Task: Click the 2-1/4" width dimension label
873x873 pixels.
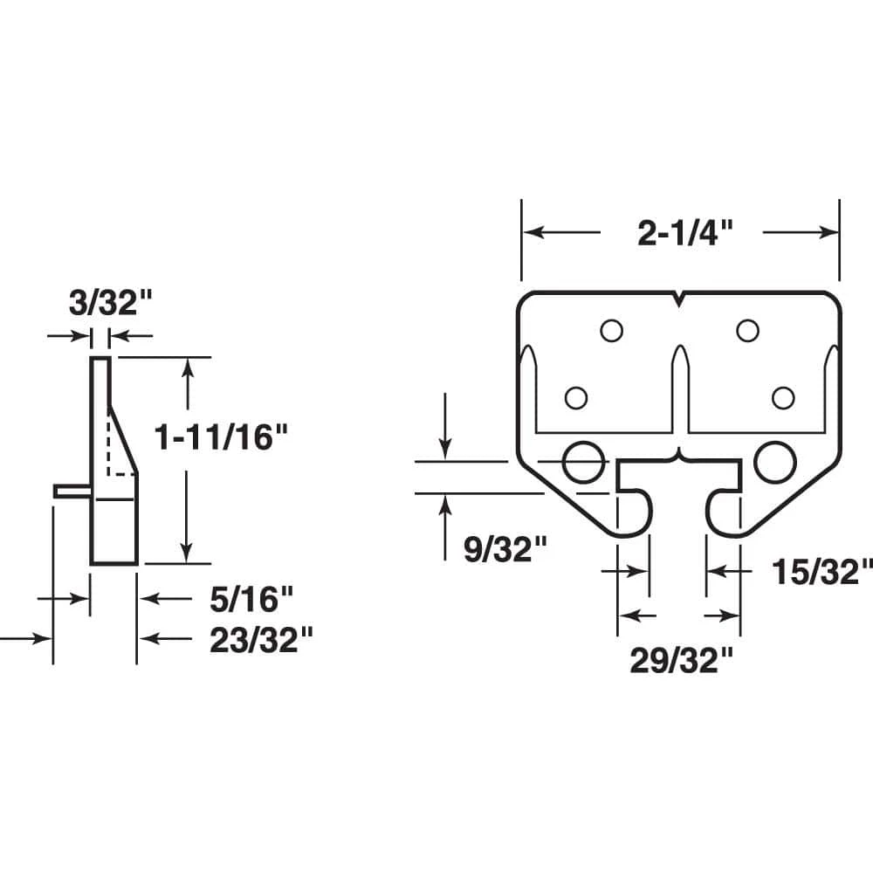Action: pos(684,233)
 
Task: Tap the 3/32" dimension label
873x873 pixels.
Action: pos(110,303)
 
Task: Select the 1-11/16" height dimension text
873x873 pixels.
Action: pos(221,437)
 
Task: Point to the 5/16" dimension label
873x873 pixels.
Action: pos(251,599)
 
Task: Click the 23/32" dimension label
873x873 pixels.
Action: pos(261,640)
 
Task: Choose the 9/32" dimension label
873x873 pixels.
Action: pos(505,549)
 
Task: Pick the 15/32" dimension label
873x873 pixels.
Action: pos(822,572)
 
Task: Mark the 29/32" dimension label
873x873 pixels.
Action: pos(682,661)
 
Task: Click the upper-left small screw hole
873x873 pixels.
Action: pos(611,331)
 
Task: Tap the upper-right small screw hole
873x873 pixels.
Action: pos(747,331)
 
